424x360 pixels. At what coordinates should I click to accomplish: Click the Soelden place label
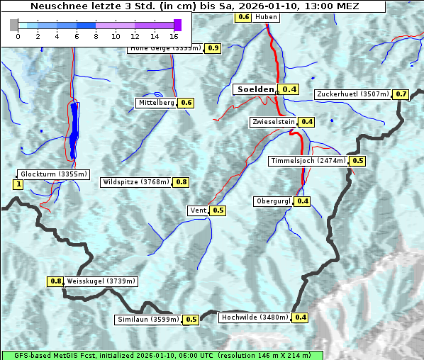click(255, 89)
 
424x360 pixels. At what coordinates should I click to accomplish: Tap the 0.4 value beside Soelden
click(289, 89)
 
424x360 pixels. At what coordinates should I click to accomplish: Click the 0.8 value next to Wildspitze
click(182, 182)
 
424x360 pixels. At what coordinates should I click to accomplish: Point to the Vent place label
click(198, 210)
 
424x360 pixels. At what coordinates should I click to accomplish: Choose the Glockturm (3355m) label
click(53, 174)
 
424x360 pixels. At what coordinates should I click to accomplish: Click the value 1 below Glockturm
click(18, 185)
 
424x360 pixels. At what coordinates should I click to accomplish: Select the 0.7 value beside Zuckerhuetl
click(401, 94)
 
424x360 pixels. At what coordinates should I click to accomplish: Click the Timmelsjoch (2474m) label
click(308, 161)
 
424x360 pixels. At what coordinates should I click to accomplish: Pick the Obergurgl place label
click(273, 201)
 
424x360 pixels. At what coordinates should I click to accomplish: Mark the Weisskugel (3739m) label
click(101, 281)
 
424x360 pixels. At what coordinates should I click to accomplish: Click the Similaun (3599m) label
click(147, 320)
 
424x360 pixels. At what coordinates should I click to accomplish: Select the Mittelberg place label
click(156, 103)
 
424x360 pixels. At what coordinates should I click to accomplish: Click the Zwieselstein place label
click(273, 122)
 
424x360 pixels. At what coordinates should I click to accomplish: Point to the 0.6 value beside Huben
click(243, 16)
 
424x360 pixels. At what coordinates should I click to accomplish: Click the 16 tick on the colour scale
click(174, 35)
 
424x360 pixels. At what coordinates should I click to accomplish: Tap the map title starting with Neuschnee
click(194, 6)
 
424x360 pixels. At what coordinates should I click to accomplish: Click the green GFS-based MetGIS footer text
click(161, 355)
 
